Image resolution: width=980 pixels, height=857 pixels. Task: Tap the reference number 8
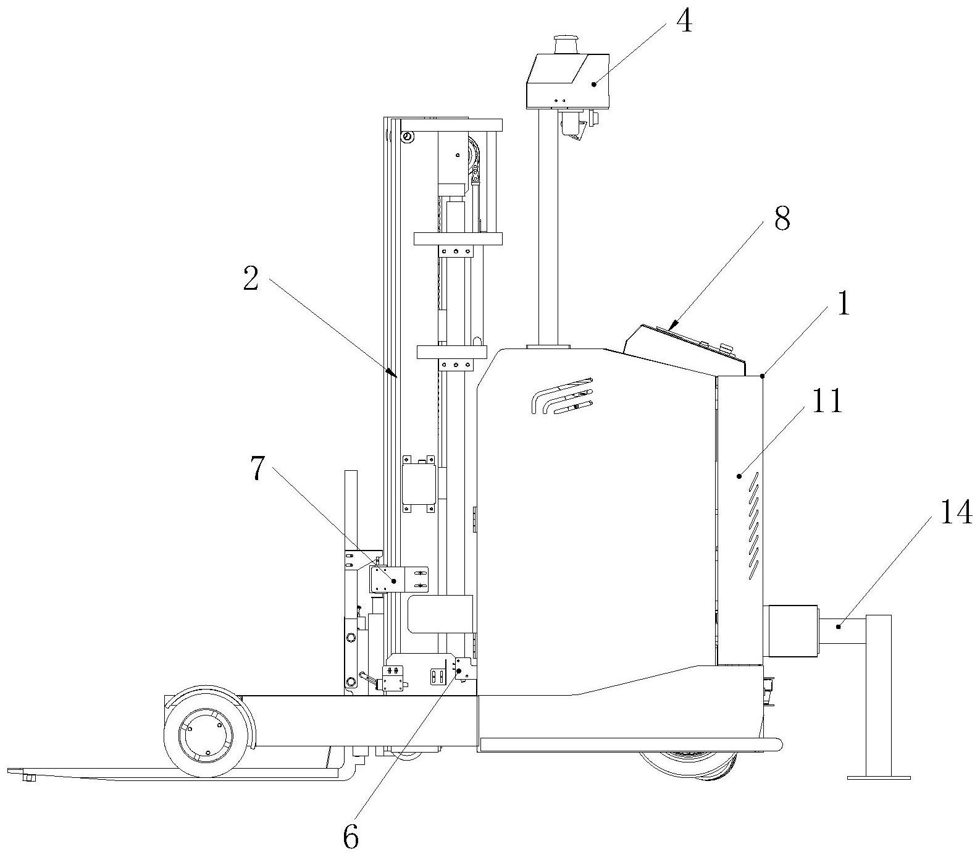pyautogui.click(x=782, y=219)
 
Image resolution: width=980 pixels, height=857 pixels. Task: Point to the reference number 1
pyautogui.click(x=843, y=304)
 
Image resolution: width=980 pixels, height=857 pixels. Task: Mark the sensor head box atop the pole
pyautogui.click(x=567, y=82)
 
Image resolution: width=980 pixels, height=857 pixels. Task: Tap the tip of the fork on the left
pyautogui.click(x=9, y=771)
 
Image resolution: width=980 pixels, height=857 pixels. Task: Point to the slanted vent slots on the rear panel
pyautogui.click(x=753, y=525)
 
